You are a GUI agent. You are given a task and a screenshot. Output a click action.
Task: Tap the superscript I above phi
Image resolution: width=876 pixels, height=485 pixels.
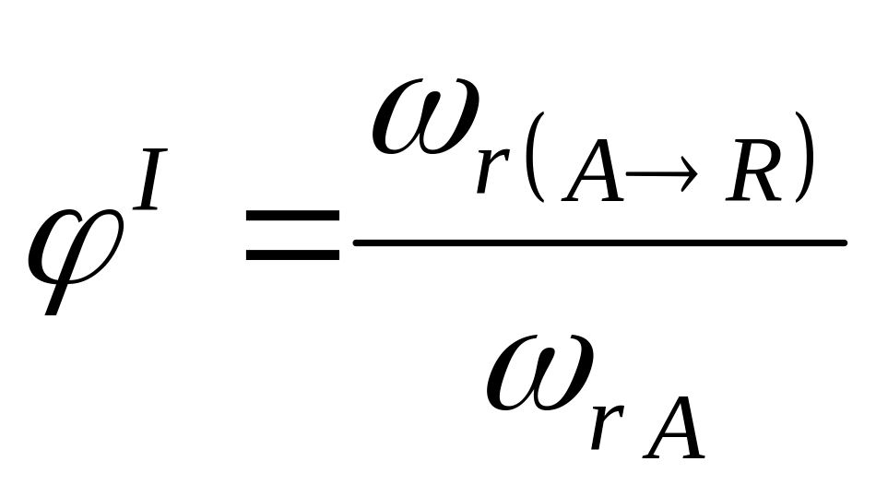149,179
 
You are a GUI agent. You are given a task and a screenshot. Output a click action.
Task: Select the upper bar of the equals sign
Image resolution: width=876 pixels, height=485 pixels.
292,215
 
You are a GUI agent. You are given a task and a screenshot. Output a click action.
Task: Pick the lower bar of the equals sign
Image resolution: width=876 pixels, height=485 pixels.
292,254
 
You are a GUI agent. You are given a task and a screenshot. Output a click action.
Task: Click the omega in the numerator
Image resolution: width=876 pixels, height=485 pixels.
426,116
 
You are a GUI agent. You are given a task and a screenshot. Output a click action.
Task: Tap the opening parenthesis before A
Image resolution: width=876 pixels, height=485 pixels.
535,157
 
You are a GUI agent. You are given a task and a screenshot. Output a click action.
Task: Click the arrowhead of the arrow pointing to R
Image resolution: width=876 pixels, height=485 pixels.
690,173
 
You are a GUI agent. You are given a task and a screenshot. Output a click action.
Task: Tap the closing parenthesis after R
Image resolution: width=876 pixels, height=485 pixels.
804,157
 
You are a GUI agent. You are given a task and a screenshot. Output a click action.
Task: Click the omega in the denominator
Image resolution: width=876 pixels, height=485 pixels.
540,373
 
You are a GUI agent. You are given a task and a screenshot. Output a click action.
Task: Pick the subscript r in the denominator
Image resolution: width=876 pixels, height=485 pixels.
608,427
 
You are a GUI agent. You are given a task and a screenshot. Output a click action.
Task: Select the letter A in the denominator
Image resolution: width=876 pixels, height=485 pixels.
674,428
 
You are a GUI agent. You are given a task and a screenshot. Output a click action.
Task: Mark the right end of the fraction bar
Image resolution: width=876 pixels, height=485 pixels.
845,243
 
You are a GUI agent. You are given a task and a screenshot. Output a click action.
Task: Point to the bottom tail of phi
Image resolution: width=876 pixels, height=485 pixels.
52,311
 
